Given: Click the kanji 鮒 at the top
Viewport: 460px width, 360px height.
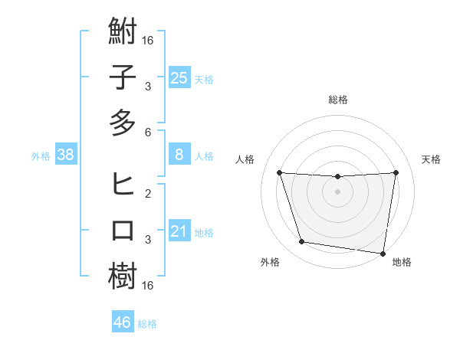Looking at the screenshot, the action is [123, 32].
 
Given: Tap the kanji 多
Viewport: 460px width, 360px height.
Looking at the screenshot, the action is [123, 123].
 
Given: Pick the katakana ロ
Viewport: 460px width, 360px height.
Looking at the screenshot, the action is [123, 231].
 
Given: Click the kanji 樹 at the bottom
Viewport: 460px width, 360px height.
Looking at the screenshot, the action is [123, 276].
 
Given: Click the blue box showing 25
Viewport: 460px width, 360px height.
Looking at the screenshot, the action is [179, 78].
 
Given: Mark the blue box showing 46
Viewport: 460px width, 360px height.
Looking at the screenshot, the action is [122, 322].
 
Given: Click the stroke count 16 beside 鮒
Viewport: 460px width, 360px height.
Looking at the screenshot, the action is [148, 39].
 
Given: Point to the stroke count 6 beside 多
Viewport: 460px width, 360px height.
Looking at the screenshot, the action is [148, 132].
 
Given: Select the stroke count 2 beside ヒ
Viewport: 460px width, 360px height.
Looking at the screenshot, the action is [148, 193].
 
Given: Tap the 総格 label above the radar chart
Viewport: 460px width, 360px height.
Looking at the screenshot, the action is [338, 100].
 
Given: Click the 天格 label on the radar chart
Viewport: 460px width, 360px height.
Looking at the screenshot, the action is [432, 159].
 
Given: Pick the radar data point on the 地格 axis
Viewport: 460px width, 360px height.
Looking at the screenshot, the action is [383, 253].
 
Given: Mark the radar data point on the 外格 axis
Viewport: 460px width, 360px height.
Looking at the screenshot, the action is [302, 242].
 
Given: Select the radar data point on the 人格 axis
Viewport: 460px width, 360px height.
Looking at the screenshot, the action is [279, 172].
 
